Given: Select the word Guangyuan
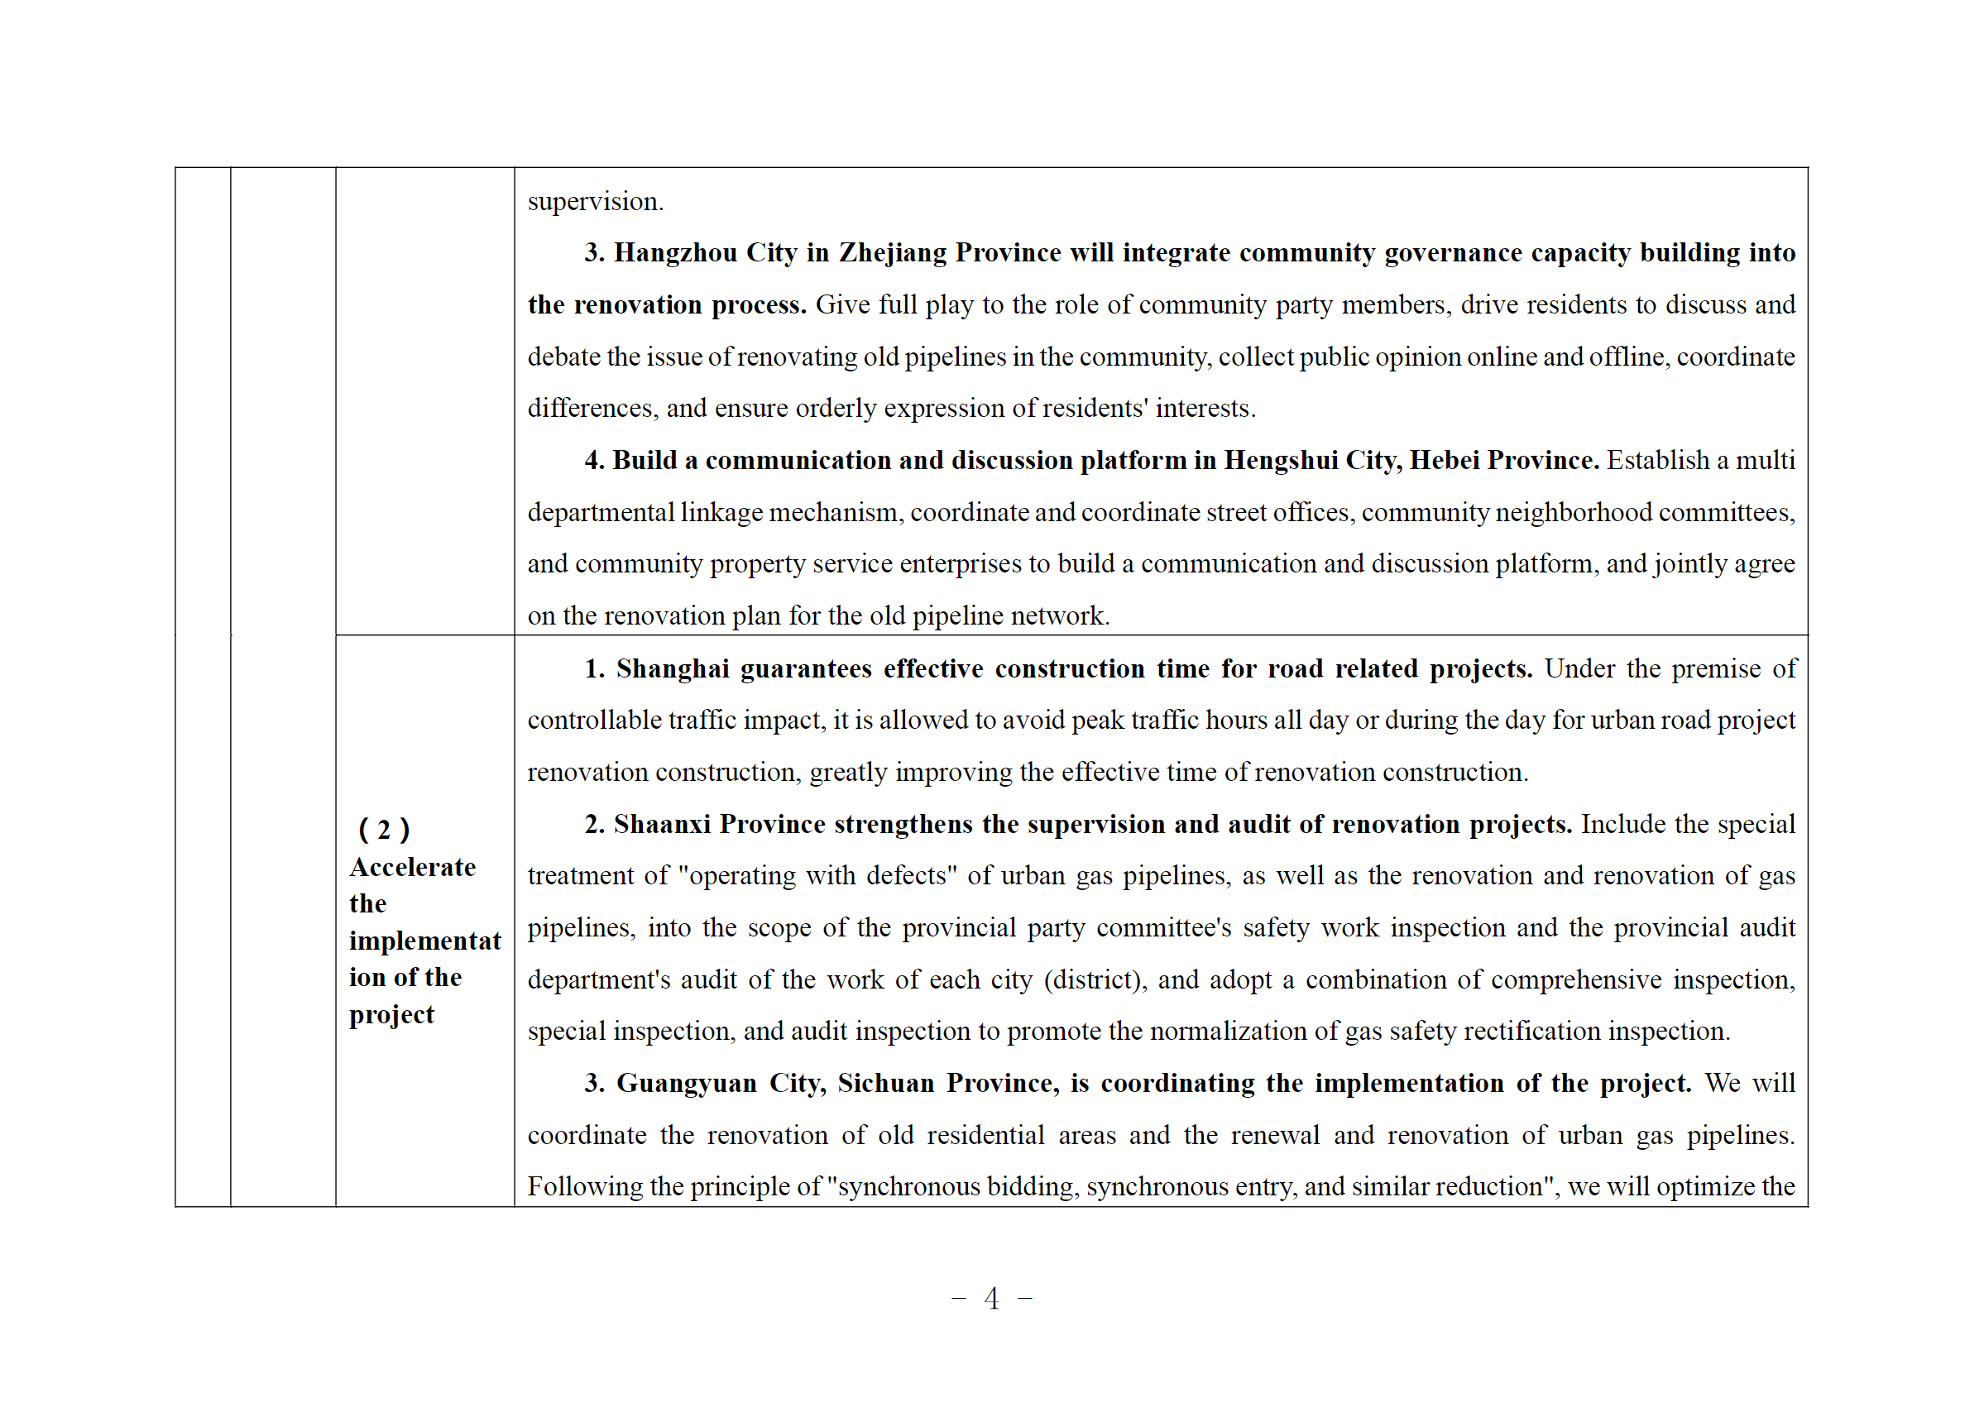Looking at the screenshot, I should pyautogui.click(x=686, y=1085).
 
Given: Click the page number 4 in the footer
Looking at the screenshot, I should pyautogui.click(x=991, y=1299).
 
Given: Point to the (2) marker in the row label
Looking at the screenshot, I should pyautogui.click(x=384, y=831).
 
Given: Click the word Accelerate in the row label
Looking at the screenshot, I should pyautogui.click(x=412, y=868).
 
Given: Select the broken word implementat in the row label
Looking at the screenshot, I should pyautogui.click(x=424, y=941).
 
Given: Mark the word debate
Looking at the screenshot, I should pyautogui.click(x=563, y=357).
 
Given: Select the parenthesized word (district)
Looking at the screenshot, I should pyautogui.click(x=1095, y=980).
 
